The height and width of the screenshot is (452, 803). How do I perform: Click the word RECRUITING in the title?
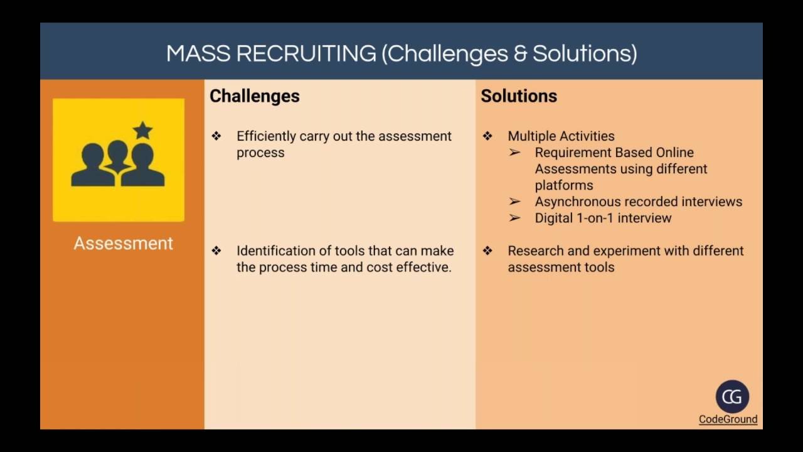pos(307,54)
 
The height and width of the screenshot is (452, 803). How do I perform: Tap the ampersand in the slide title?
pos(520,54)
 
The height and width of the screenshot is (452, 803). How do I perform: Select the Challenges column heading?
pos(254,96)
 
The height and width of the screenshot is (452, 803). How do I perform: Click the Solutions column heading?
pos(519,96)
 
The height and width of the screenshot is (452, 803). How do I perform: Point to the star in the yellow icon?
pos(143,131)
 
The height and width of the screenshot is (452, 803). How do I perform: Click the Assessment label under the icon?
pos(123,244)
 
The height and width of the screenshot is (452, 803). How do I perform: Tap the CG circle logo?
pos(732,397)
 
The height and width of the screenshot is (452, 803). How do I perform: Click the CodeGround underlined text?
pos(728,419)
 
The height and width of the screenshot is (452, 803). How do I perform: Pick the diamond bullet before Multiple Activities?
pos(487,136)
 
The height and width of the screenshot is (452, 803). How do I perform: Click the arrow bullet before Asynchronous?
pos(515,202)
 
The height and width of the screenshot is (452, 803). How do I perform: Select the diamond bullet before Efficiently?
pos(216,136)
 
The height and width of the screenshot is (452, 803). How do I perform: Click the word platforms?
pos(564,185)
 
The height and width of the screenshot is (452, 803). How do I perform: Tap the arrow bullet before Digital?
pos(515,218)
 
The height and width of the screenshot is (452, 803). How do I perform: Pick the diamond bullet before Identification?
pos(216,250)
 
